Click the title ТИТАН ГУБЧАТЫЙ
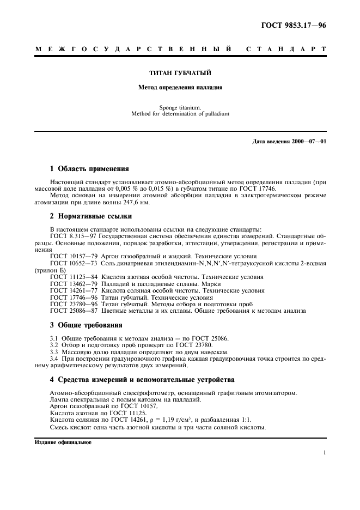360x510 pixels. [180, 72]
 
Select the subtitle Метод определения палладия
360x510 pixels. [180, 87]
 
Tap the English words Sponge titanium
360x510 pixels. [180, 107]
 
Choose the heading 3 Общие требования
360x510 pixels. [86, 325]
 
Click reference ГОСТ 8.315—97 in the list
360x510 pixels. [70, 236]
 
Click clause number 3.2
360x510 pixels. [54, 345]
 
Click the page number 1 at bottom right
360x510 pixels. [325, 452]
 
